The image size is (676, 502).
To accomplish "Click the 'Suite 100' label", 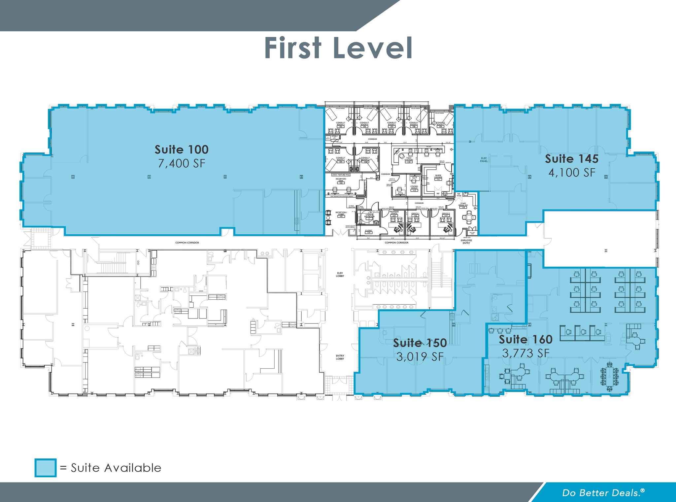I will (182, 150).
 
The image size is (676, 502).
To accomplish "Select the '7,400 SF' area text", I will (182, 163).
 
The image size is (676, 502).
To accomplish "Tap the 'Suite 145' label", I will (571, 159).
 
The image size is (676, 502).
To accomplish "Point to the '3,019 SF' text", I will (420, 357).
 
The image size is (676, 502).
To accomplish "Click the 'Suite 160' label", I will (525, 339).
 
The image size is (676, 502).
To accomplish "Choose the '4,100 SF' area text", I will (572, 173).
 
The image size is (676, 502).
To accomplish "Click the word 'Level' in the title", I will (373, 48).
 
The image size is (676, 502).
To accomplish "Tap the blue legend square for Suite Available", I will (46, 468).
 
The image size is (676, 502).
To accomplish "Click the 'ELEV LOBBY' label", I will (340, 274).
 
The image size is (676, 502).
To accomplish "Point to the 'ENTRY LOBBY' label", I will (340, 357).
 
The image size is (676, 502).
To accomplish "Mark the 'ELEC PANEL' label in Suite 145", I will (484, 160).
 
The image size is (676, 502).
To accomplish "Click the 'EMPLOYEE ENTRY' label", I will (466, 242).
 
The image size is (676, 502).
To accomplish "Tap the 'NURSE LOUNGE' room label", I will (438, 177).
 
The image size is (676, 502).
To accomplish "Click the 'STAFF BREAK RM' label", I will (463, 205).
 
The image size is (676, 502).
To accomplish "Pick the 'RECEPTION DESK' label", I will (341, 180).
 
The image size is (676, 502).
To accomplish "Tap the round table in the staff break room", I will (469, 217).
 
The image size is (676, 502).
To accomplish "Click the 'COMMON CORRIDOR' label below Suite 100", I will (187, 243).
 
